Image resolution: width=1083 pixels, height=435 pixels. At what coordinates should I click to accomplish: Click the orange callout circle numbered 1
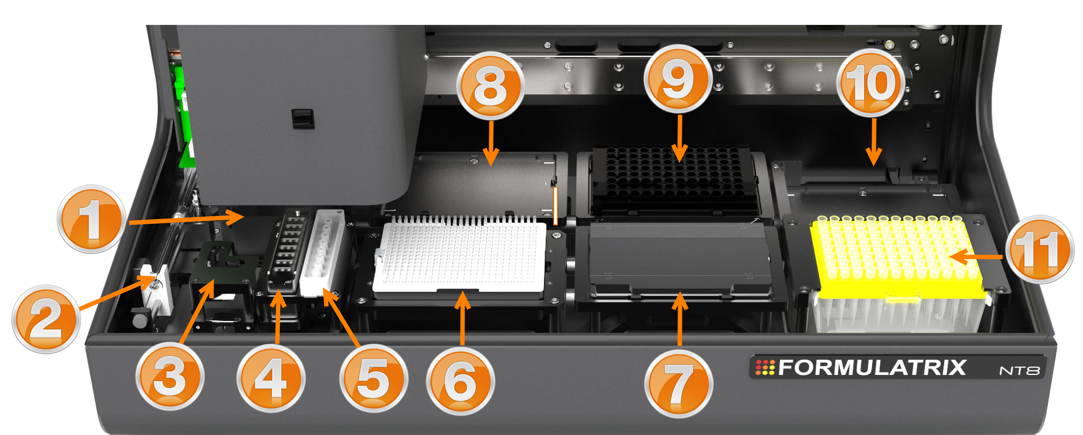coord(91,219)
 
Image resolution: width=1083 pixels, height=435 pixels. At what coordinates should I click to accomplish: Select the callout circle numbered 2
coord(46,319)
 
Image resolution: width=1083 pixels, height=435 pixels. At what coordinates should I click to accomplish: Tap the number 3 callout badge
coord(170,376)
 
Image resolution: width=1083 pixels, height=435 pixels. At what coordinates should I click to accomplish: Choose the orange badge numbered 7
coord(678,384)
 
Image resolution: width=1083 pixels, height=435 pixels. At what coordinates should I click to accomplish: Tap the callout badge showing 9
coord(678,79)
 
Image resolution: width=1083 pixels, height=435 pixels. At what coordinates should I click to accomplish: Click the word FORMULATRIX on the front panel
coord(872,367)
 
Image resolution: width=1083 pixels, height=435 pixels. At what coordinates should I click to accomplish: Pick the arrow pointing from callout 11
coord(975,256)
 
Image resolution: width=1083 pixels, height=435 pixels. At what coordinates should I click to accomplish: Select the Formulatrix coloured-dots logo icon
coord(765,367)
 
